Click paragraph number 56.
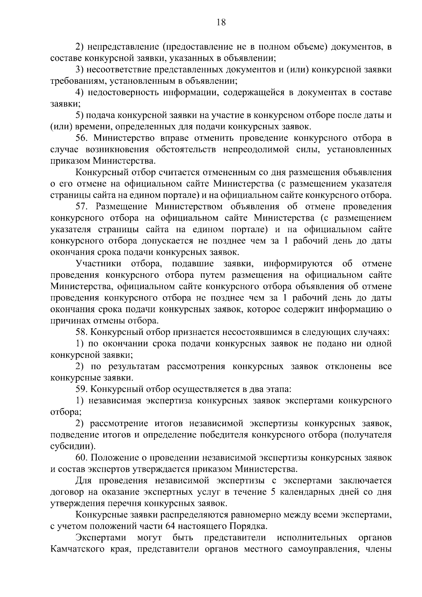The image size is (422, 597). coord(82,138)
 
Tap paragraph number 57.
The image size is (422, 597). coord(82,207)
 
